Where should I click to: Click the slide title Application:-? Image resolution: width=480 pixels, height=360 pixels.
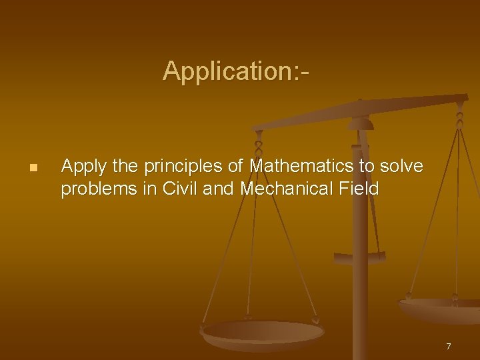[x=236, y=71]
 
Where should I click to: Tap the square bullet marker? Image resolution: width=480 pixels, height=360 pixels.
[x=33, y=167]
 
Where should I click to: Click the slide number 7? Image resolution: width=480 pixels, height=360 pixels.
[x=449, y=346]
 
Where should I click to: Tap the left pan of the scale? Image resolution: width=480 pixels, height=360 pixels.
[x=263, y=333]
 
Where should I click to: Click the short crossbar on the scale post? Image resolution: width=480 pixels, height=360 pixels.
[x=360, y=256]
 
